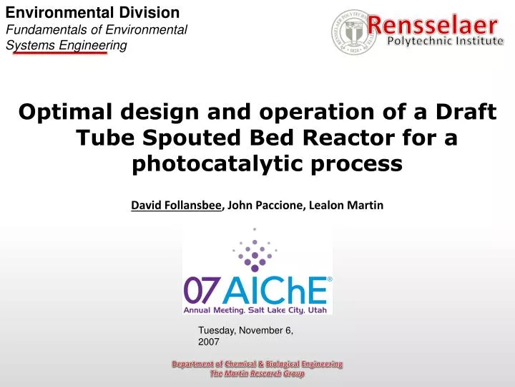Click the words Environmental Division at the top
click(93, 12)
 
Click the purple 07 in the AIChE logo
click(200, 290)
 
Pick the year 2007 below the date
click(208, 343)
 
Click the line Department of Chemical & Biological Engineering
click(257, 364)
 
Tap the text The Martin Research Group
click(257, 374)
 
